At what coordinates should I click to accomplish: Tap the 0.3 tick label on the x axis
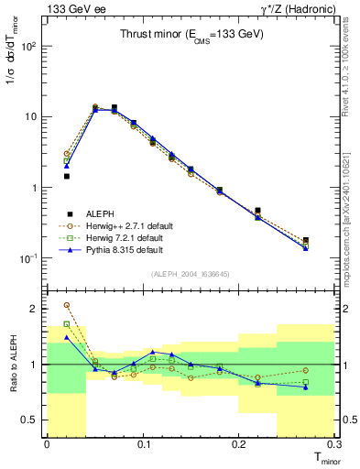(333, 445)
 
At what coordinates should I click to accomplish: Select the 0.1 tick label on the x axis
(143, 445)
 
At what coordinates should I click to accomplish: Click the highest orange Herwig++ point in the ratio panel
(66, 305)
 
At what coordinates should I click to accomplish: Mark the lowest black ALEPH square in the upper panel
(305, 241)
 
